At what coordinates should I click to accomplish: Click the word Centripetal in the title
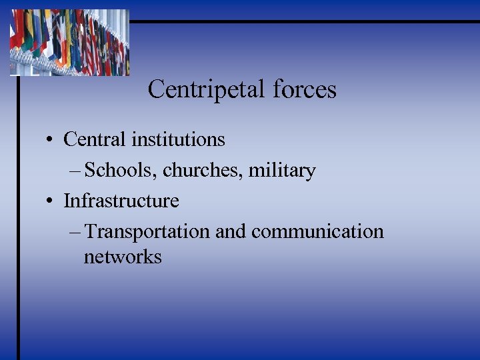pos(203,89)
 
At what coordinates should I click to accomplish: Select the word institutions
pos(178,139)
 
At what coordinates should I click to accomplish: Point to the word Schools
pos(121,171)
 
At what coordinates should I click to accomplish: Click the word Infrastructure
pos(121,201)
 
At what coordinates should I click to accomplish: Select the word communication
pos(317,231)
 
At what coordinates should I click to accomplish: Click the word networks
pos(123,257)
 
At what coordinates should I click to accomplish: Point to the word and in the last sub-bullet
pos(231,231)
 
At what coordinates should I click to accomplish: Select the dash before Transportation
pos(75,232)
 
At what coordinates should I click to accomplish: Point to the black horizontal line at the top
pos(300,21)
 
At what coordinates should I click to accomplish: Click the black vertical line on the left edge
pos(18,220)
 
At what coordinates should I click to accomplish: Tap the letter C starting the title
pos(155,89)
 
